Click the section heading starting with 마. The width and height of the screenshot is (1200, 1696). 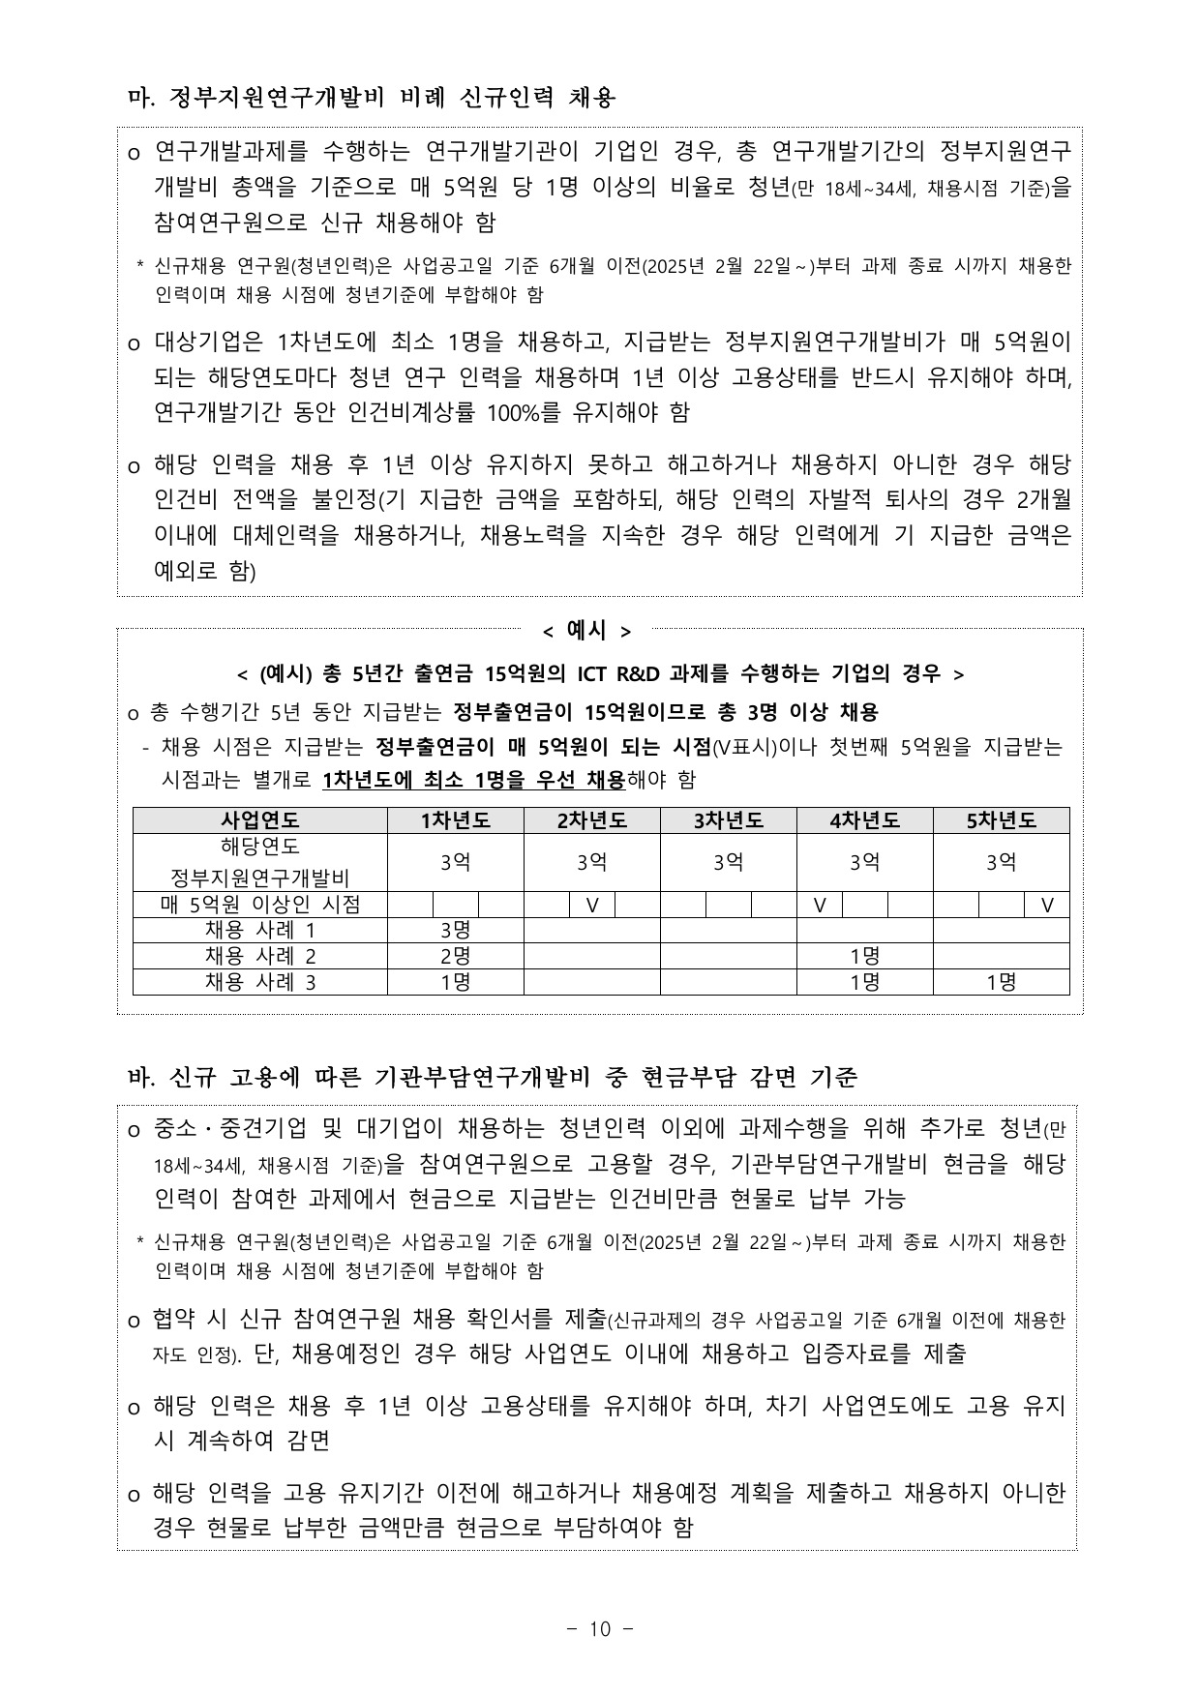coord(372,98)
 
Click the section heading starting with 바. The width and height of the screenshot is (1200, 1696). coord(493,1077)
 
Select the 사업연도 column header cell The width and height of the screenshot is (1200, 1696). coord(259,820)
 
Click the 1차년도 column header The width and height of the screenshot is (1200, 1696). coord(455,820)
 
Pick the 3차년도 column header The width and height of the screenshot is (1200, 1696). coord(728,820)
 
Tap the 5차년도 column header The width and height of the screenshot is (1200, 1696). coord(1001,820)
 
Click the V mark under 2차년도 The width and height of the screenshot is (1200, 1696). coord(592,905)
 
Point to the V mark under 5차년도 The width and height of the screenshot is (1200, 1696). coord(1046,905)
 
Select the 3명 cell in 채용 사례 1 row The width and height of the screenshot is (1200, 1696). coord(455,931)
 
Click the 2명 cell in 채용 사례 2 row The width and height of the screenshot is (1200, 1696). coord(455,956)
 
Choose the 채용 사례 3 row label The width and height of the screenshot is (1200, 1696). coord(259,982)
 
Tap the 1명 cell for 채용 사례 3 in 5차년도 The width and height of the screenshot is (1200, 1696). coord(1001,982)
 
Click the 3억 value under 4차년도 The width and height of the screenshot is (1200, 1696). coord(864,862)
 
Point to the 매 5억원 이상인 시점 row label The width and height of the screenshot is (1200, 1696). coord(259,905)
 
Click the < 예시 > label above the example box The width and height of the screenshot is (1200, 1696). coord(586,631)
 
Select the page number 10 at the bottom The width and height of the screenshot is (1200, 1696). coord(600,1629)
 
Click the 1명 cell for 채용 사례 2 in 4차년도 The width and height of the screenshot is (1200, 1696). coord(864,956)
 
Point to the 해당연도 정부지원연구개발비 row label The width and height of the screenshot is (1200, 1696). coord(259,862)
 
